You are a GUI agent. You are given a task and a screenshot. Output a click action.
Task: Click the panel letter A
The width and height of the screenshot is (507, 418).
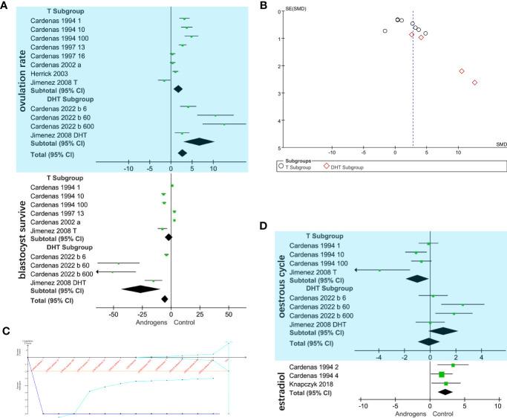[x=5, y=7]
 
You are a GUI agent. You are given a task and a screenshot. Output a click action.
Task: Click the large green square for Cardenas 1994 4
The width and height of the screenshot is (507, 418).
[x=442, y=374]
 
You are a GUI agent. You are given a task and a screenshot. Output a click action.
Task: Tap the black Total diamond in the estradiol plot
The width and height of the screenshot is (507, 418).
[x=445, y=391]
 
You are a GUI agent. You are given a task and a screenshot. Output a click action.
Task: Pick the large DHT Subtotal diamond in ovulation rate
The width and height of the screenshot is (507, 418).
[x=198, y=141]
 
